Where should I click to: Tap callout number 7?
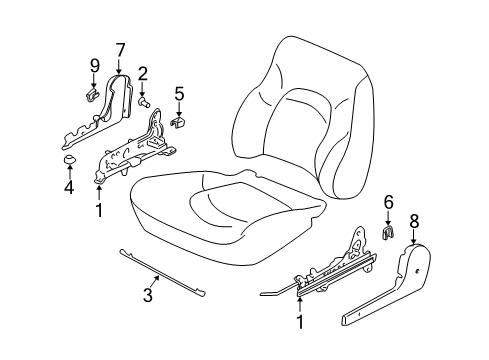120,49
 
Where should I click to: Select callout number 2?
144,72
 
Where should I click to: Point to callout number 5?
179,96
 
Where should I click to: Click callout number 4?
69,186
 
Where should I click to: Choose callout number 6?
388,229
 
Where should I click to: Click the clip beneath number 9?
90,95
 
